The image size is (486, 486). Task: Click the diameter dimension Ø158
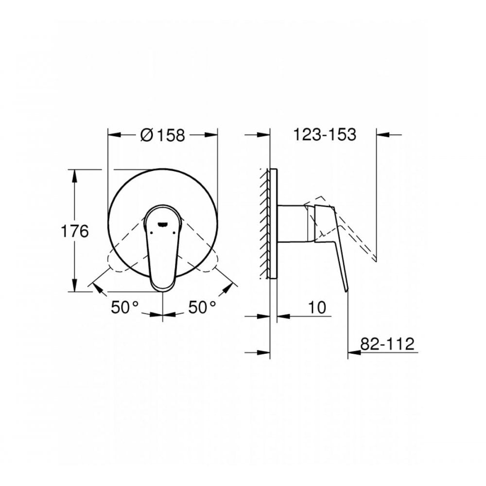(163, 135)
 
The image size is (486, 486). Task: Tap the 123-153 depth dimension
(325, 135)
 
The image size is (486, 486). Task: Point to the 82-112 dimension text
(387, 344)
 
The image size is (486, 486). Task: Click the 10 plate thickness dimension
(316, 307)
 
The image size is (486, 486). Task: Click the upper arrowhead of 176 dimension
(74, 174)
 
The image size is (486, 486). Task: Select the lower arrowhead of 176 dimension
(74, 286)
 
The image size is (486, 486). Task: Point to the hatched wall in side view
(264, 224)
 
